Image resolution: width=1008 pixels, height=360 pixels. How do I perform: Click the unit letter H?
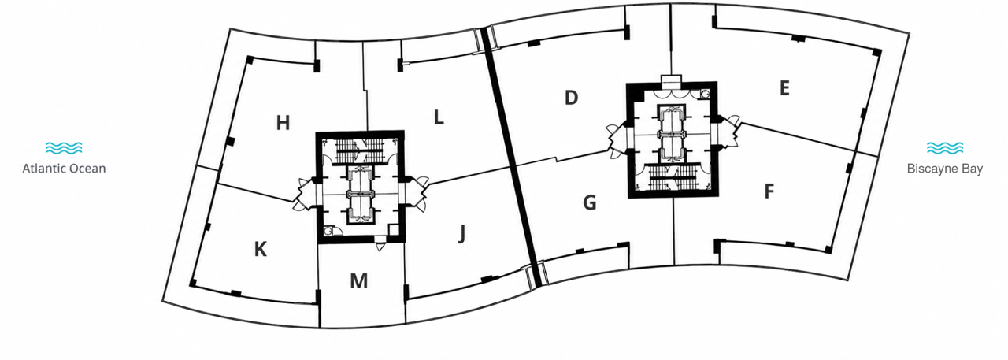[x=283, y=123]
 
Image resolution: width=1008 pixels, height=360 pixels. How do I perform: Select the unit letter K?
[x=261, y=249]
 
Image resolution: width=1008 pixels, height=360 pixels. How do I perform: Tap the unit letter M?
[x=358, y=280]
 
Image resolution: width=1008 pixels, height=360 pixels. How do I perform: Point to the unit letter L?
[x=439, y=117]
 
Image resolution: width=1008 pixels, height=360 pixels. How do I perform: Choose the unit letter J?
[x=461, y=234]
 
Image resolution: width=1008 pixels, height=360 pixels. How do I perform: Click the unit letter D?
[x=571, y=97]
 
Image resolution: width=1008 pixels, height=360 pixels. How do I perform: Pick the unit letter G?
[x=590, y=203]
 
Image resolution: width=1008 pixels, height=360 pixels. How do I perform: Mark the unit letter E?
[x=784, y=88]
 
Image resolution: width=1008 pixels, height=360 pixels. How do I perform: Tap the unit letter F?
[x=769, y=191]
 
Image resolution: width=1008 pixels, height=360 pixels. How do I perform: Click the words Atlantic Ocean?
[x=64, y=169]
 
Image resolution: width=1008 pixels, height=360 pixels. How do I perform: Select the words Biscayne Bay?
[x=945, y=169]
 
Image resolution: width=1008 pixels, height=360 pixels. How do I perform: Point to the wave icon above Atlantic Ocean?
[x=64, y=147]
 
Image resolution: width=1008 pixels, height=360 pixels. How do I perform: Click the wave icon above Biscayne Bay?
[x=945, y=147]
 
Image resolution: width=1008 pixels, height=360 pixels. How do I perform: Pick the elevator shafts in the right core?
[x=671, y=133]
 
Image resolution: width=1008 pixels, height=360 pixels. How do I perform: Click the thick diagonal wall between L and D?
[x=511, y=158]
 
